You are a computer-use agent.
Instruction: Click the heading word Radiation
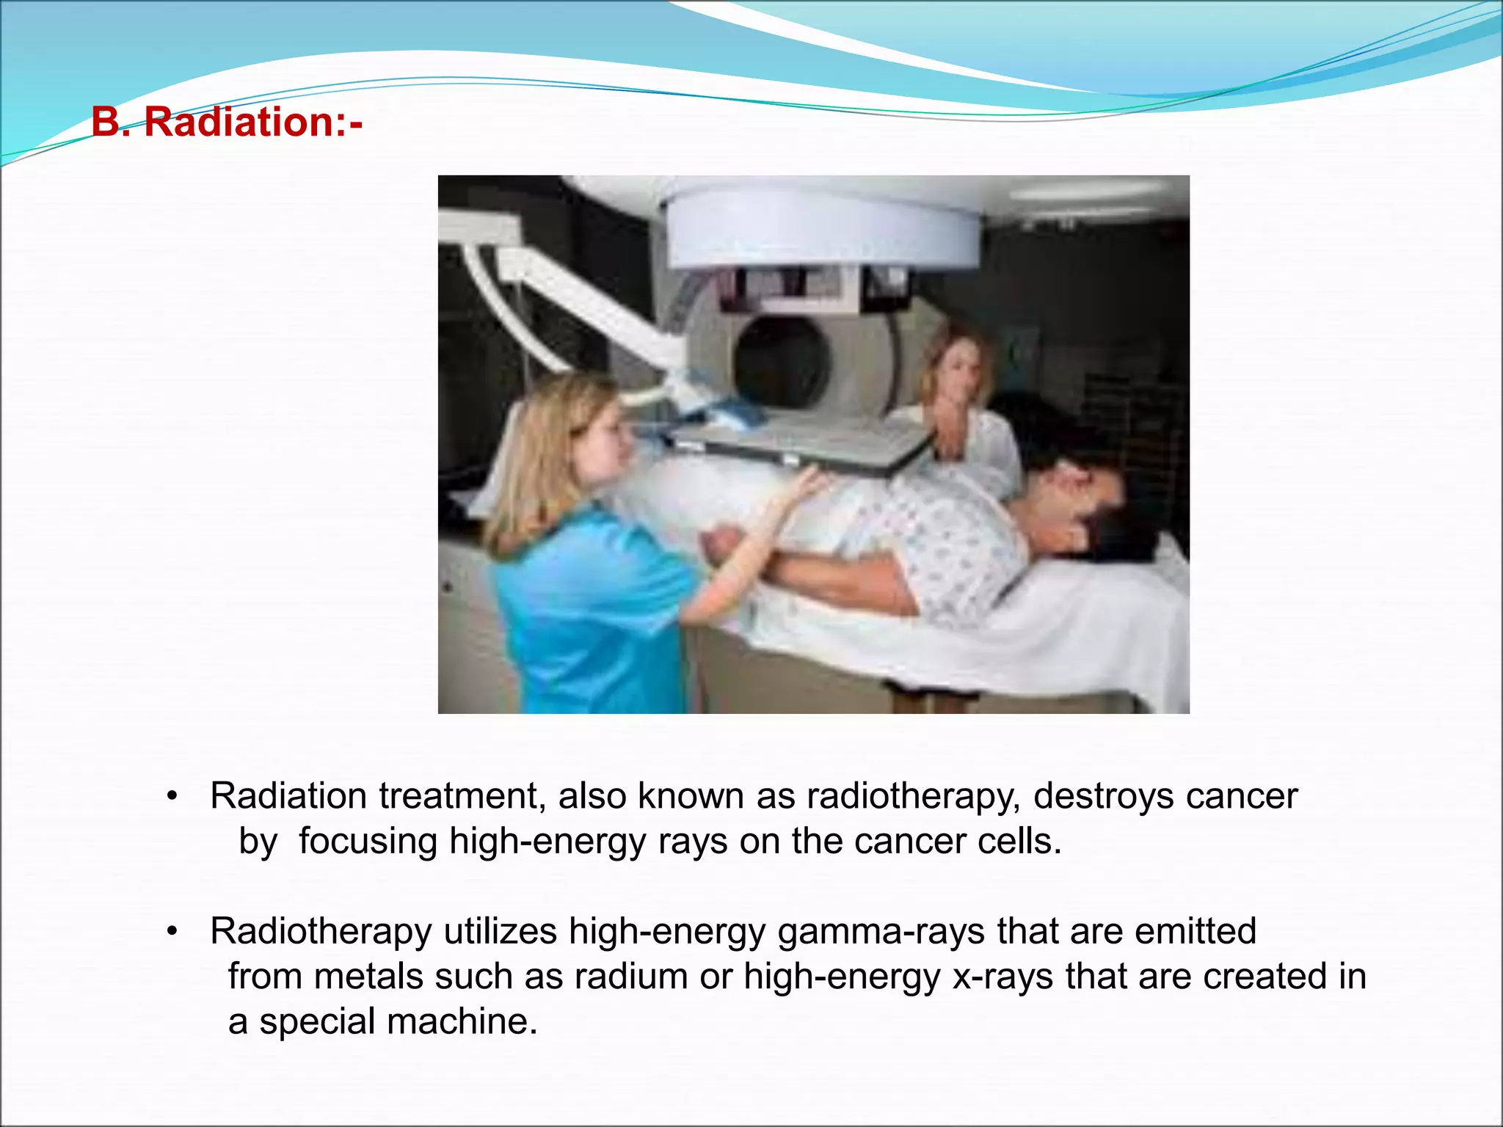coord(239,122)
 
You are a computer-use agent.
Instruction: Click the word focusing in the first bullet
coord(368,842)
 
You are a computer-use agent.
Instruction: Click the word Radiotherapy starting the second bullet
coord(321,932)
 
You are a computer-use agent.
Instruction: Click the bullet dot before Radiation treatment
coord(172,797)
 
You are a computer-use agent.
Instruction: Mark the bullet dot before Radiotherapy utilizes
coord(172,932)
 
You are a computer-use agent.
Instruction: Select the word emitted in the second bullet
coord(1196,932)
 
